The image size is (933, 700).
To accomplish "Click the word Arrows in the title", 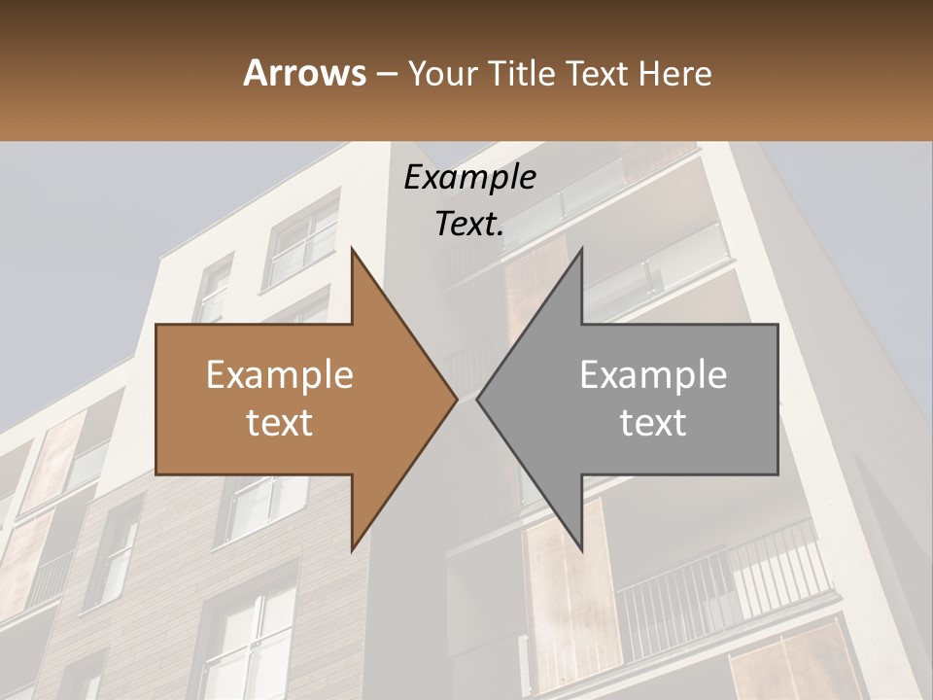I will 304,73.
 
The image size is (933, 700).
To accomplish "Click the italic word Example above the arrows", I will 469,178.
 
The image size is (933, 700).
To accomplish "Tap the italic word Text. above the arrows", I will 469,225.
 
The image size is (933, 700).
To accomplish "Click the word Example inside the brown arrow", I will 280,375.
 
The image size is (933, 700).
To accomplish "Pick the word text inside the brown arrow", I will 280,423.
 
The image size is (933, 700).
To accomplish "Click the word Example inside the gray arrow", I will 653,375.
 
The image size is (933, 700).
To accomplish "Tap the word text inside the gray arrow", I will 653,423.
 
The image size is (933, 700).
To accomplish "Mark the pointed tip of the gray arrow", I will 478,400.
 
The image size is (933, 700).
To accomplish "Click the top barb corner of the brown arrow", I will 352,250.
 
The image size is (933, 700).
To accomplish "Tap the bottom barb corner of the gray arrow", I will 581,550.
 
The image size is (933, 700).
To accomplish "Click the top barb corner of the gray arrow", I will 581,250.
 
